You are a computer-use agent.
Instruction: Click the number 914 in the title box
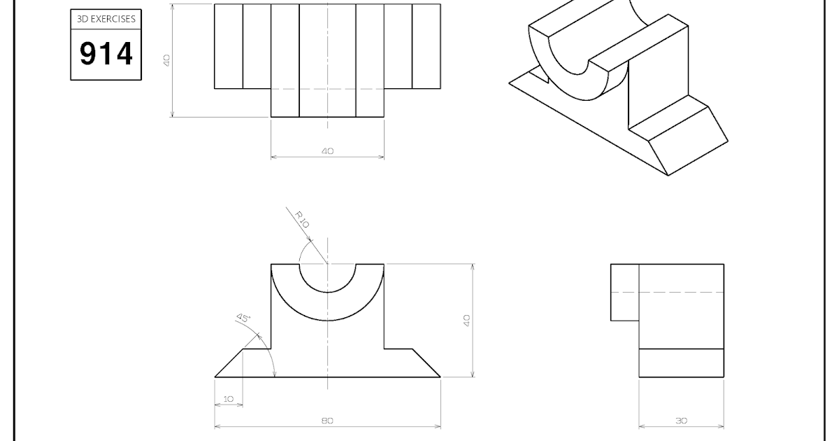pyautogui.click(x=106, y=54)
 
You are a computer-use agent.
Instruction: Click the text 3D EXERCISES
pyautogui.click(x=106, y=20)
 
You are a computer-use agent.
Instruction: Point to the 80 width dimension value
pyautogui.click(x=327, y=421)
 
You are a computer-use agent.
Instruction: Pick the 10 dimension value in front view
pyautogui.click(x=229, y=399)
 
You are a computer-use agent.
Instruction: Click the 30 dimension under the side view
pyautogui.click(x=681, y=421)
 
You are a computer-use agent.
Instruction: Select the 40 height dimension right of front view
pyautogui.click(x=467, y=320)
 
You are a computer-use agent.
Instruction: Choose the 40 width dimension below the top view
pyautogui.click(x=327, y=151)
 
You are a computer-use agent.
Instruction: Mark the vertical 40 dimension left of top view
pyautogui.click(x=167, y=61)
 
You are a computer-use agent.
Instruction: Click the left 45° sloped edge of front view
pyautogui.click(x=229, y=363)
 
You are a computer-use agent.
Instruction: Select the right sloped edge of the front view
pyautogui.click(x=426, y=363)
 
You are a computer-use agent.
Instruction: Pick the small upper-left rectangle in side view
pyautogui.click(x=625, y=292)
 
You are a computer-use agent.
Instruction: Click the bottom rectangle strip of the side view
pyautogui.click(x=681, y=363)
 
